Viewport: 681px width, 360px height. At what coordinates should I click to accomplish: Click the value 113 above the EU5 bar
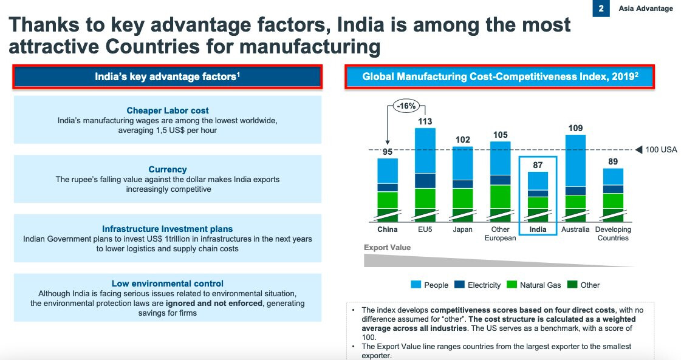point(425,120)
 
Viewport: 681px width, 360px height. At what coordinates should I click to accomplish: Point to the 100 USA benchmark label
point(660,150)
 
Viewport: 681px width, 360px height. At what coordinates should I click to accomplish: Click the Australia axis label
point(575,229)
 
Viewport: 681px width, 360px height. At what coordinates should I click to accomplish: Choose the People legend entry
point(436,285)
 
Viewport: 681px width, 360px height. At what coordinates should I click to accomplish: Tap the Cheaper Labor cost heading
point(168,110)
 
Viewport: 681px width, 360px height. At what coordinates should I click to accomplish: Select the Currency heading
point(168,169)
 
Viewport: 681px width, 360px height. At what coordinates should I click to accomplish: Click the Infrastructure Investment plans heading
point(168,229)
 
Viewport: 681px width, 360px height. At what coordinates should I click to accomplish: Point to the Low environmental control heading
point(168,284)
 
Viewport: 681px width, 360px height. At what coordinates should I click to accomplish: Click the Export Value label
point(387,247)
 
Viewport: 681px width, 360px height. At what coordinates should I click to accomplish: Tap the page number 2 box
point(601,8)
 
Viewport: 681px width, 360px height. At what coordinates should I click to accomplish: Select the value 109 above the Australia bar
point(575,127)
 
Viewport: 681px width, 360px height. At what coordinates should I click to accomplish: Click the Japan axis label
point(463,229)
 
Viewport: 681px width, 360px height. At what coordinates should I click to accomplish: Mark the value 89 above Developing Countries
point(613,161)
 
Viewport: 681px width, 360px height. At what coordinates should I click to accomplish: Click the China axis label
point(388,229)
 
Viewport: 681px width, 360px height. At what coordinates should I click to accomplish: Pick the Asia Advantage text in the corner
point(646,8)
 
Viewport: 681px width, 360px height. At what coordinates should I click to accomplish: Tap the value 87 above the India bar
point(538,165)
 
